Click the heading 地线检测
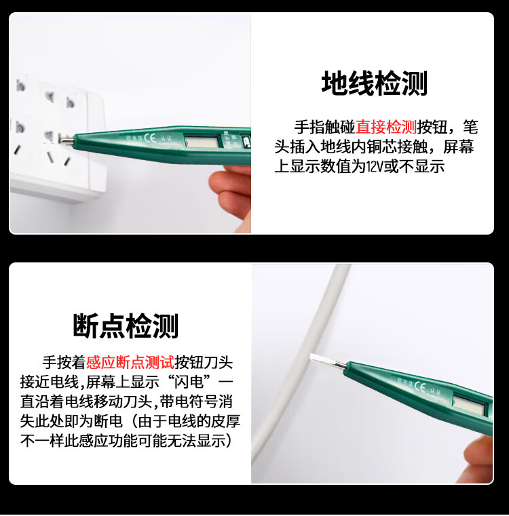[374, 83]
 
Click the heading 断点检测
[126, 325]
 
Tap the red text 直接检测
[386, 127]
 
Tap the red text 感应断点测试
[130, 362]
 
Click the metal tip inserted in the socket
[66, 140]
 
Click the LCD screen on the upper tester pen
[203, 142]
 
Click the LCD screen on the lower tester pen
[469, 404]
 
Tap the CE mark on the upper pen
[150, 138]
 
